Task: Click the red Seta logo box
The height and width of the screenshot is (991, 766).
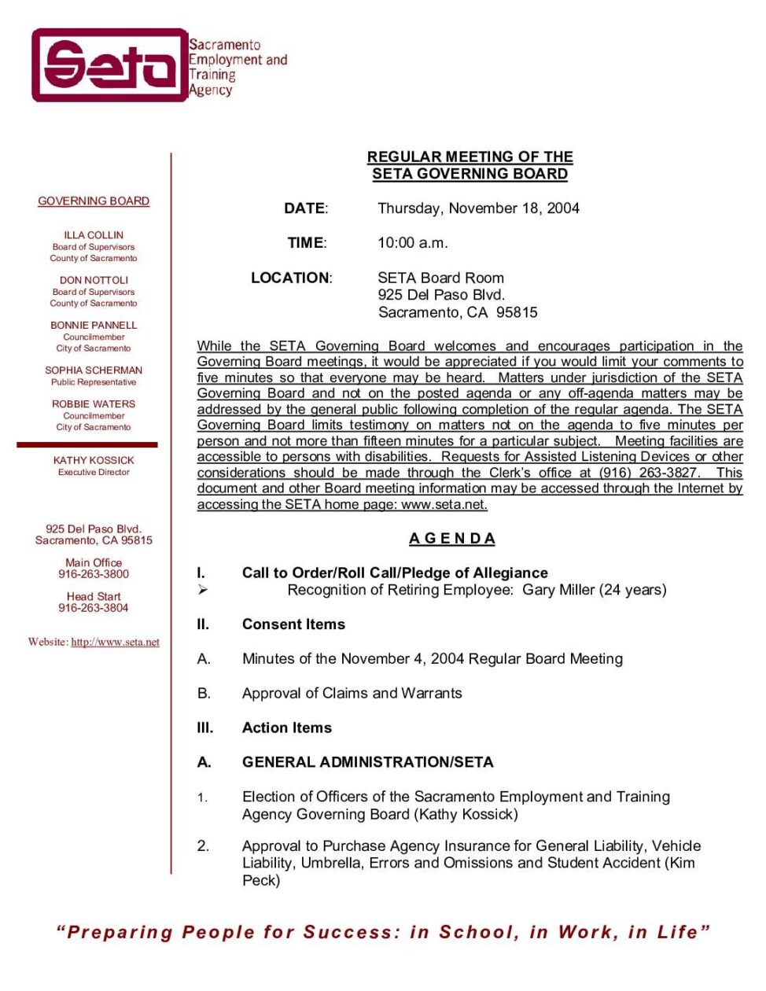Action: pos(109,65)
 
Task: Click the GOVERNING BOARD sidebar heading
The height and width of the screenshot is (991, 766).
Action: pos(94,201)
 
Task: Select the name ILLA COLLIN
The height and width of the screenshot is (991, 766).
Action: pos(94,235)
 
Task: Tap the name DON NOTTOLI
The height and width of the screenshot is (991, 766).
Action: pos(94,280)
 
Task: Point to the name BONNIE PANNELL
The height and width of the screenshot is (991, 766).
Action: pos(94,325)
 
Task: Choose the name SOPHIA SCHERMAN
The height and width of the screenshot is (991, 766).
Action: pos(94,370)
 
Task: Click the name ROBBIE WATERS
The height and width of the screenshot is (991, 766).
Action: pos(94,404)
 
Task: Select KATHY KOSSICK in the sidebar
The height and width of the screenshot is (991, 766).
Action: pos(94,460)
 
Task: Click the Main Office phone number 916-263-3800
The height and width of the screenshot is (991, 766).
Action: pos(94,574)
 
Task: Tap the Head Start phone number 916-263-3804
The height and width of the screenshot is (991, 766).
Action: pos(94,608)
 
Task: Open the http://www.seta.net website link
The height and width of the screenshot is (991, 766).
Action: pos(115,643)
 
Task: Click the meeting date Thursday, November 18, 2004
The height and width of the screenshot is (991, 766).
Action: pos(478,208)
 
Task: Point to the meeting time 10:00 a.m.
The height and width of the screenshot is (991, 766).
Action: pos(412,243)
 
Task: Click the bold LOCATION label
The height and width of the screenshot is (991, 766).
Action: pos(291,278)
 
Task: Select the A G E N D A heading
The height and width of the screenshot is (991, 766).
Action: pos(452,539)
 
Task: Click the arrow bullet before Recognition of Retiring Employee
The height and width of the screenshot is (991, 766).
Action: pos(203,590)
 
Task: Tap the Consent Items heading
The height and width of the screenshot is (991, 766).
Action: pos(293,624)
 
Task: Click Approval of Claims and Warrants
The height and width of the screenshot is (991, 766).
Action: pos(352,694)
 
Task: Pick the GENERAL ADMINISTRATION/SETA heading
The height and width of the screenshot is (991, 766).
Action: pos(367,762)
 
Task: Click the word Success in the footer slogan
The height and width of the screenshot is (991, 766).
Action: pos(352,933)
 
